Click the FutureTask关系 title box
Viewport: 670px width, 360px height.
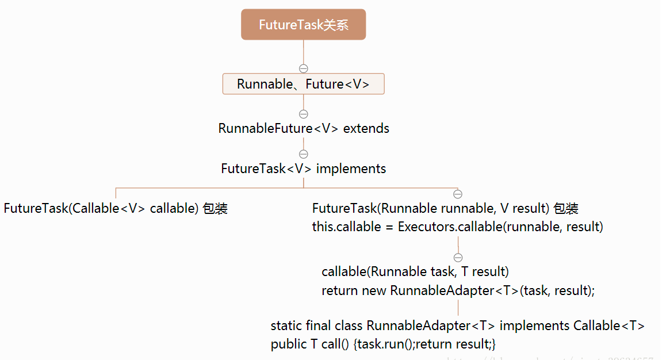pyautogui.click(x=303, y=25)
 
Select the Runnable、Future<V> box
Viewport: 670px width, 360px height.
pyautogui.click(x=303, y=84)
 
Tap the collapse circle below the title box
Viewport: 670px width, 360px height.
pyautogui.click(x=304, y=68)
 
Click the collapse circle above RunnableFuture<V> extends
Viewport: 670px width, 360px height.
pyautogui.click(x=304, y=114)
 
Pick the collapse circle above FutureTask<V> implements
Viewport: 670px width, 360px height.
pyautogui.click(x=304, y=154)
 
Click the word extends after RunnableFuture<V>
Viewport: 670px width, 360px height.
pyautogui.click(x=366, y=128)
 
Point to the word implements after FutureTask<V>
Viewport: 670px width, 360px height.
pyautogui.click(x=351, y=168)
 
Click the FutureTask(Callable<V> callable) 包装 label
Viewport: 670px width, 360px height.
pyautogui.click(x=116, y=208)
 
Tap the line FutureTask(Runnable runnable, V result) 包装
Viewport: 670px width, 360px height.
pyautogui.click(x=445, y=208)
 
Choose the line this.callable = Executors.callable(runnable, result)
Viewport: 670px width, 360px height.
pyautogui.click(x=457, y=227)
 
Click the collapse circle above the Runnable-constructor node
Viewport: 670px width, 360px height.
pyautogui.click(x=458, y=194)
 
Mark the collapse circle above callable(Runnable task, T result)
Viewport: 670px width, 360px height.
pyautogui.click(x=458, y=257)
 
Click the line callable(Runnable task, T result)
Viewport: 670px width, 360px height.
pyautogui.click(x=415, y=271)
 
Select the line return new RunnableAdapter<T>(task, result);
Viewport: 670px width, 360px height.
pyautogui.click(x=458, y=290)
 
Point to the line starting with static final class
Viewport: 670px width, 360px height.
pyautogui.click(x=457, y=325)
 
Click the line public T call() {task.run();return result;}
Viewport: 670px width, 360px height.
pyautogui.click(x=383, y=344)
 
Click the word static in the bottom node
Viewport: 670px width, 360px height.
pyautogui.click(x=286, y=325)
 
